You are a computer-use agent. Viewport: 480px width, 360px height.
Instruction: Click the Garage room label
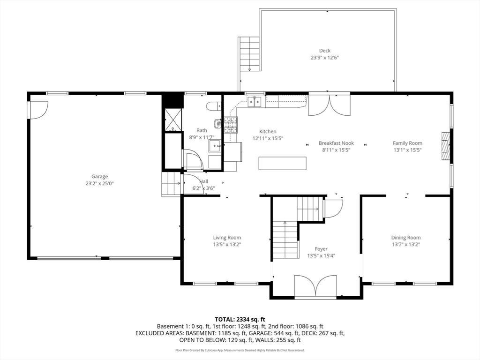[x=99, y=177]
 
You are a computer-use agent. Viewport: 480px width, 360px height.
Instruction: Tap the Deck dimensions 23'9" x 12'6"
[x=325, y=58]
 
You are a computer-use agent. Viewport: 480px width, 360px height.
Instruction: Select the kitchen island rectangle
[x=282, y=163]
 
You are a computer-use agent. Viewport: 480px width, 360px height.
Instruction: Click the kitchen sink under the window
[x=254, y=101]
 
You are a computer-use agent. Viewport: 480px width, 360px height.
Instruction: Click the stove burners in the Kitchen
[x=231, y=125]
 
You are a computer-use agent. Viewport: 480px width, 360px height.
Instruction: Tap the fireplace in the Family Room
[x=445, y=146]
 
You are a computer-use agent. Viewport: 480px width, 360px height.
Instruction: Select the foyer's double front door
[x=315, y=286]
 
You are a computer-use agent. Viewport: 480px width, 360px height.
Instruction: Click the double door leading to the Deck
[x=329, y=104]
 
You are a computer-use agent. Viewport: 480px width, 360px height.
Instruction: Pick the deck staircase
[x=249, y=54]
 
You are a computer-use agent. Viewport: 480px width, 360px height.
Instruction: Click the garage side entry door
[x=38, y=110]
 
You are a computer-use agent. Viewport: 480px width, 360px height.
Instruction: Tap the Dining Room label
[x=406, y=238]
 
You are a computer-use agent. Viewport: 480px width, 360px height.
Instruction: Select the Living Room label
[x=227, y=238]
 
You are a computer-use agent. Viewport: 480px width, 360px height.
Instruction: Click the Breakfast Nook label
[x=336, y=143]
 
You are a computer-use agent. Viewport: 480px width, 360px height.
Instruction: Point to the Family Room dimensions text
[x=407, y=150]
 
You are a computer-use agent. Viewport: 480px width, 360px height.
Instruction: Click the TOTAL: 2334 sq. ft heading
[x=240, y=320]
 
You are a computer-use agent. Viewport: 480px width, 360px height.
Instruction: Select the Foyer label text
[x=321, y=249]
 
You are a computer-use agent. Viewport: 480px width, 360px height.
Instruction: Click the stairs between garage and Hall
[x=171, y=184]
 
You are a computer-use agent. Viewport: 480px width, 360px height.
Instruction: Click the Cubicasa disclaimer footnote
[x=240, y=350]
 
